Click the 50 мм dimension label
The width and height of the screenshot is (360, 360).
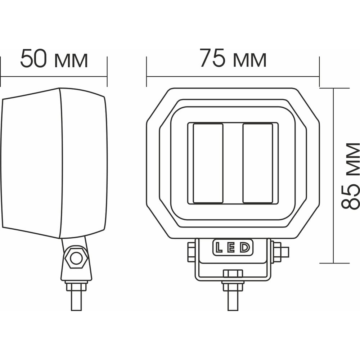[54, 59]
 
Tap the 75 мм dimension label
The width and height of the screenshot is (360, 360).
[233, 58]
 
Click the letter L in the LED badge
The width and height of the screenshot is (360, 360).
[219, 248]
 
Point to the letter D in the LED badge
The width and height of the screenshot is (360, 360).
[244, 248]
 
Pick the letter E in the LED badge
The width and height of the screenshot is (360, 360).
[231, 248]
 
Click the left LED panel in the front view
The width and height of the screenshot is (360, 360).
[208, 163]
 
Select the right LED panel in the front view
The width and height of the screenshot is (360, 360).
[258, 163]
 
